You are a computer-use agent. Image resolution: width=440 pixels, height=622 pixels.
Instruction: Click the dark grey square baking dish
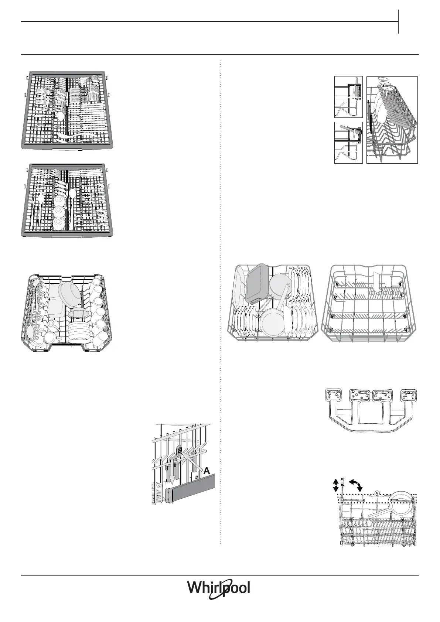click(x=257, y=283)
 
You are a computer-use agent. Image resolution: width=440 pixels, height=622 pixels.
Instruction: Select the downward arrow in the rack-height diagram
click(x=172, y=477)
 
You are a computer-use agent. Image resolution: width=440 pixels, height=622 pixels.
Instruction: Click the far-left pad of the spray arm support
click(x=332, y=396)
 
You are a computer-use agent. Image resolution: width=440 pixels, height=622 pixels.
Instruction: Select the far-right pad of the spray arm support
click(x=409, y=396)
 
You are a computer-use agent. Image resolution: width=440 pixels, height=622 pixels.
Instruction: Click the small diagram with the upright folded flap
click(x=348, y=97)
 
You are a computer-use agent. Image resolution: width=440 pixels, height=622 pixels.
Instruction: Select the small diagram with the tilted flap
click(x=348, y=142)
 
